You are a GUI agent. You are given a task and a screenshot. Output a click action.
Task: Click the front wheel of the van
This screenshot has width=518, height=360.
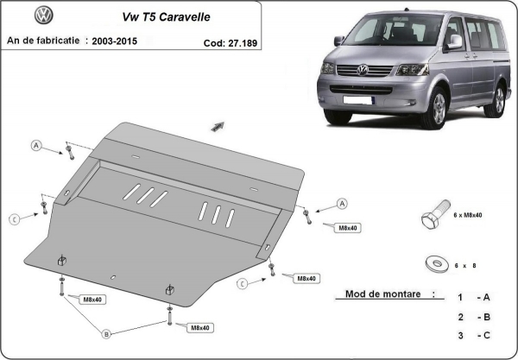pyautogui.click(x=439, y=111)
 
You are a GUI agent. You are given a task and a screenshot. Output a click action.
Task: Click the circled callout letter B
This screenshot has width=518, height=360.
pyautogui.click(x=106, y=333)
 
